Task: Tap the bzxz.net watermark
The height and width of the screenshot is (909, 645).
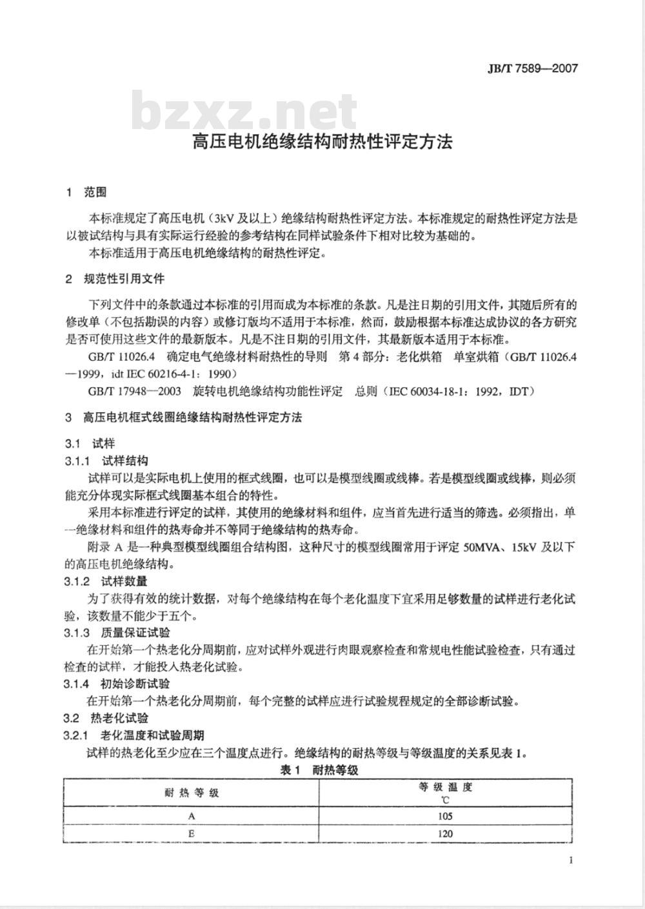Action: [245, 112]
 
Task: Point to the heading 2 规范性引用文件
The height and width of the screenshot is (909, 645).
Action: [115, 279]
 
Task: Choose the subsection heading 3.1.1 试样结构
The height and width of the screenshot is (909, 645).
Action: [106, 461]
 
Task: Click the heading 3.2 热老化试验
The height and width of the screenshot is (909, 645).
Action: [106, 718]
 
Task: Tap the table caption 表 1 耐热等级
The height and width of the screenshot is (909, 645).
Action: [319, 769]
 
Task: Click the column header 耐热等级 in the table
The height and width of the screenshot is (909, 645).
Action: [192, 793]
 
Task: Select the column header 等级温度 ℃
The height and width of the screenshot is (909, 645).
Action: [445, 793]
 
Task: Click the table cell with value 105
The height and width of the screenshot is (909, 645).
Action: [445, 816]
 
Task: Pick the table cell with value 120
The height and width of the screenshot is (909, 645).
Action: [445, 834]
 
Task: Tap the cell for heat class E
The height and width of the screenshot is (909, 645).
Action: [192, 834]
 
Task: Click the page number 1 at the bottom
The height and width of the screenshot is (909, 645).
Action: [571, 859]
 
